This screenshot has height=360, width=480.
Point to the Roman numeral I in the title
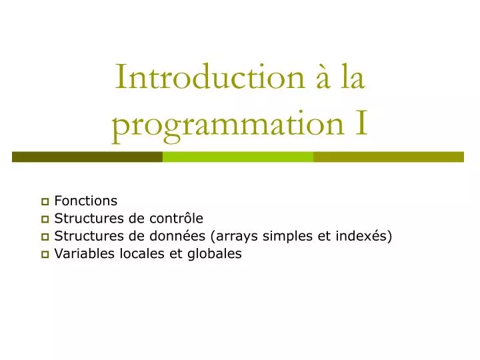[360, 124]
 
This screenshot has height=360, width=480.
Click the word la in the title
[353, 77]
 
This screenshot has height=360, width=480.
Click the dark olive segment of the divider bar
[87, 157]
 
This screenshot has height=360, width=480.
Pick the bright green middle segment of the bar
[238, 157]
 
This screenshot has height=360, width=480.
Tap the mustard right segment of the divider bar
[388, 157]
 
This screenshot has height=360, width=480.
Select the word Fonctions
[85, 201]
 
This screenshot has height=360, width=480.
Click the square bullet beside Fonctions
[45, 201]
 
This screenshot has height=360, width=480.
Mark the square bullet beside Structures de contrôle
[45, 219]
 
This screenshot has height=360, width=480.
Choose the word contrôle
[177, 219]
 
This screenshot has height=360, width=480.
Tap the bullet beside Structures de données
[45, 237]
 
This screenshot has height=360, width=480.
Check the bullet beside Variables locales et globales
[45, 254]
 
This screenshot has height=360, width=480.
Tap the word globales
[215, 253]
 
